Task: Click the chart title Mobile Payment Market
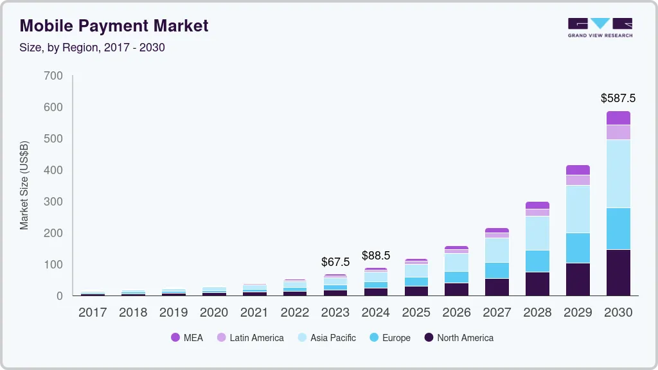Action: [x=114, y=26]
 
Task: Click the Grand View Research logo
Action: [x=600, y=27]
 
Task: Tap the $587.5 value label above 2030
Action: [x=618, y=98]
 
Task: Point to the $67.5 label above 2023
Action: [x=335, y=262]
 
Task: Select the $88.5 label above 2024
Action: [x=376, y=255]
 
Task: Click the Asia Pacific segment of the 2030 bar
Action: [x=618, y=173]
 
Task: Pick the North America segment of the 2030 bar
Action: [x=618, y=272]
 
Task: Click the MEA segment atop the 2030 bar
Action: [x=618, y=118]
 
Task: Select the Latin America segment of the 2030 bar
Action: [x=618, y=132]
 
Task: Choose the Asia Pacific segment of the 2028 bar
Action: [x=537, y=233]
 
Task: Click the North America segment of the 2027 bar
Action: [x=497, y=287]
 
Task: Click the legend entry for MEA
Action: [x=187, y=338]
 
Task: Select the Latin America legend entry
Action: [x=250, y=338]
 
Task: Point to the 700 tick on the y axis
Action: [x=53, y=76]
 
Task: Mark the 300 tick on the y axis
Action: [x=53, y=202]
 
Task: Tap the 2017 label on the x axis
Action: [x=93, y=313]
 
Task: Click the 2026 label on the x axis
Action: [x=456, y=313]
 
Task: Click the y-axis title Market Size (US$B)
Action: [x=24, y=185]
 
